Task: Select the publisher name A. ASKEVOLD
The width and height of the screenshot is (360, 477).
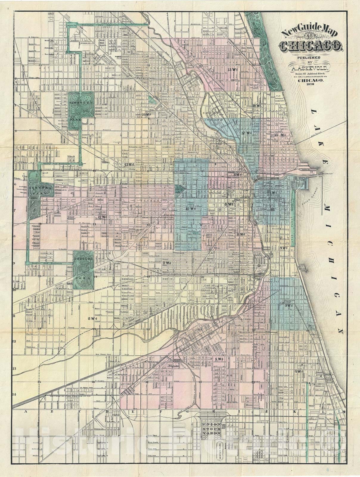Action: tap(310, 69)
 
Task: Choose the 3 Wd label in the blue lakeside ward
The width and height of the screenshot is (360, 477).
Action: tap(288, 306)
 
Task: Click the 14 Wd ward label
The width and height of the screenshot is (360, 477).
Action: tap(146, 114)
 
